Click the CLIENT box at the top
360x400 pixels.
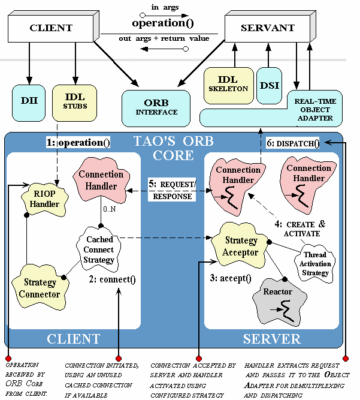[x=51, y=28]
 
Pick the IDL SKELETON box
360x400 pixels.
[x=228, y=84]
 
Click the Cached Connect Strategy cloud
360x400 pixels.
[x=98, y=249]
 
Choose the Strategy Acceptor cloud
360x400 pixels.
[x=241, y=245]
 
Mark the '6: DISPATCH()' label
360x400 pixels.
[x=293, y=143]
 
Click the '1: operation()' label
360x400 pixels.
[x=78, y=143]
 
